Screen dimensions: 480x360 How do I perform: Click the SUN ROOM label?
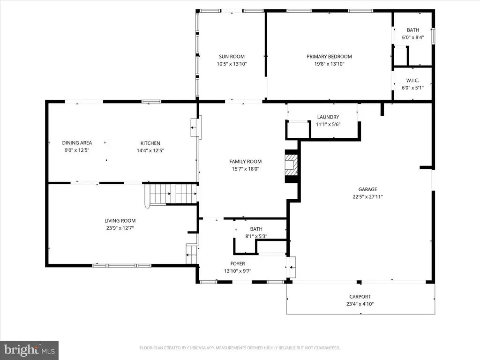[x=232, y=57]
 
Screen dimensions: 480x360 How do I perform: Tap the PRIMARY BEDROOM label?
[x=329, y=57]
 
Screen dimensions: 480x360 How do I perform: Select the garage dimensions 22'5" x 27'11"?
[x=367, y=197]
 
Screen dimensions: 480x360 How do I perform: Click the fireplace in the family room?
[x=291, y=166]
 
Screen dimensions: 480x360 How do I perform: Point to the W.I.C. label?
[x=412, y=81]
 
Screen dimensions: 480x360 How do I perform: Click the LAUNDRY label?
[x=328, y=117]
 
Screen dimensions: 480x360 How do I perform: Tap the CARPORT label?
[x=360, y=297]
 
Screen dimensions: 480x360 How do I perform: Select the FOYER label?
[x=238, y=263]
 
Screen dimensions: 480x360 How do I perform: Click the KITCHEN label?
[x=150, y=143]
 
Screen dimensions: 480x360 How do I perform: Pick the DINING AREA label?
[x=77, y=142]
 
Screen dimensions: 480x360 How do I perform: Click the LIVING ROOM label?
[x=120, y=221]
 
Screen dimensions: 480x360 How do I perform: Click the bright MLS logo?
[x=30, y=350]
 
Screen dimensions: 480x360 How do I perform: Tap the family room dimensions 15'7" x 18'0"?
[x=246, y=169]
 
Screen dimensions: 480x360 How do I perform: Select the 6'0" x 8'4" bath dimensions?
[x=413, y=37]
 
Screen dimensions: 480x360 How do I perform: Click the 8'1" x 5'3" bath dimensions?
[x=256, y=236]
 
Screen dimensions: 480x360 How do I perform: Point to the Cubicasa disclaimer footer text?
[x=240, y=348]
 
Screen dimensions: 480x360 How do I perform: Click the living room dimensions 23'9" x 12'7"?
[x=120, y=228]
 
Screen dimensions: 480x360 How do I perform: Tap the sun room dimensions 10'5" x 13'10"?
[x=232, y=64]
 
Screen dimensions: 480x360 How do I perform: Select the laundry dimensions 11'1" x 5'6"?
[x=328, y=124]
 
